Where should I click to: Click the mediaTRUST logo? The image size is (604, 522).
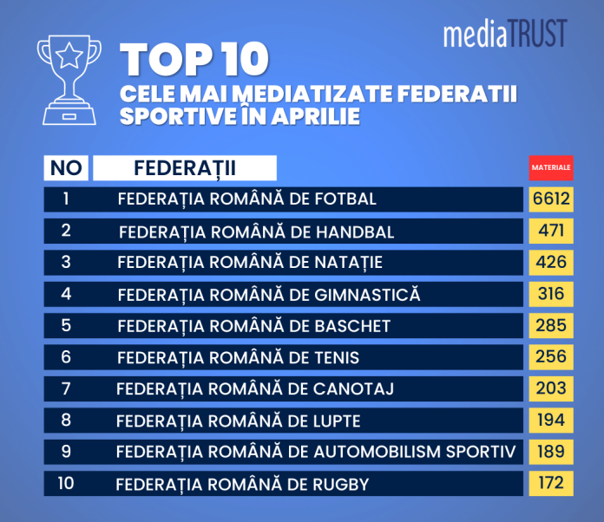tap(504, 33)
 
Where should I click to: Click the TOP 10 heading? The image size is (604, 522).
tap(195, 60)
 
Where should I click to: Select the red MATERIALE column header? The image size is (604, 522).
tap(551, 166)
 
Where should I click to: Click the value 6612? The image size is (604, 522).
tap(551, 199)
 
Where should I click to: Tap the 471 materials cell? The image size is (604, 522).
tap(551, 231)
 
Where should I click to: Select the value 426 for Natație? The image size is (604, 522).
tap(551, 262)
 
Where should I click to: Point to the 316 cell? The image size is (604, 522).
tap(551, 294)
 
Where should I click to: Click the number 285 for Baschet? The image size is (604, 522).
tap(551, 326)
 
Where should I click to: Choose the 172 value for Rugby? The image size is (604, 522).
tap(551, 483)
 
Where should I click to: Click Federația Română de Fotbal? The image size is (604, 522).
tap(247, 199)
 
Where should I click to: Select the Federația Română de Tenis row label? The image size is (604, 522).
tap(238, 357)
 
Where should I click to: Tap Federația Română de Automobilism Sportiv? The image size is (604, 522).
tap(316, 452)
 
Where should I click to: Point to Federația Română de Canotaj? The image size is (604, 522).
tap(255, 389)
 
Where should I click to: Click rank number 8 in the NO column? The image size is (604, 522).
tap(66, 421)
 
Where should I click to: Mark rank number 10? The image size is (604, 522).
tap(66, 483)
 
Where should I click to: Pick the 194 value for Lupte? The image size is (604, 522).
tap(551, 421)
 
